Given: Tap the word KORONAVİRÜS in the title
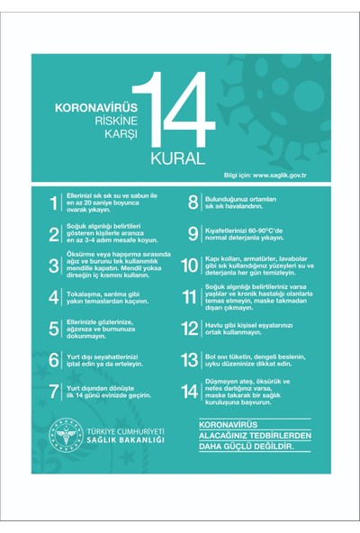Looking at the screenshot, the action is (x=94, y=105).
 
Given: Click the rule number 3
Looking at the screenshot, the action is (x=53, y=266).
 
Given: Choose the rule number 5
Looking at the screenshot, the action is (x=53, y=329).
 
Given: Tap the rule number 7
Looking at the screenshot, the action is (x=53, y=390).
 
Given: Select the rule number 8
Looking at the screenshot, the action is (x=193, y=203).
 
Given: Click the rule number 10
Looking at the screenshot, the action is (x=190, y=266).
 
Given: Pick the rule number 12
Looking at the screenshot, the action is (x=190, y=328).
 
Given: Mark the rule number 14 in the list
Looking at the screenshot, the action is (x=190, y=391).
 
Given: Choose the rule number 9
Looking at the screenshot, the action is (x=193, y=234).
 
